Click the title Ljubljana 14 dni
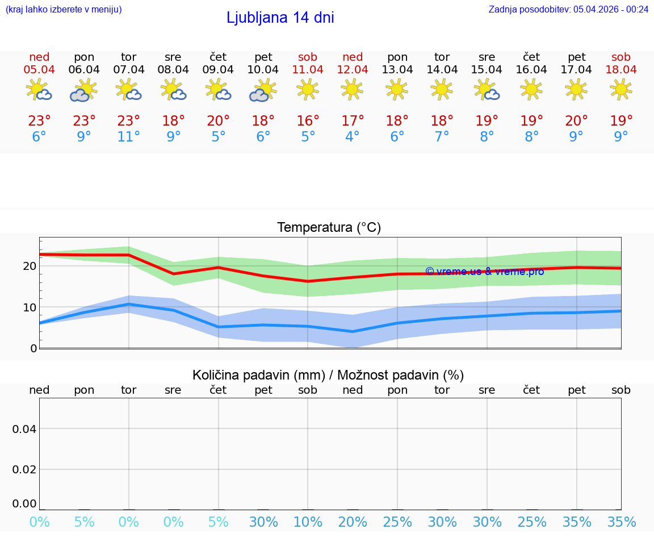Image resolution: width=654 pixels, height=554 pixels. (x=280, y=18)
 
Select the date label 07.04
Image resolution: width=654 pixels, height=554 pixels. (x=129, y=70)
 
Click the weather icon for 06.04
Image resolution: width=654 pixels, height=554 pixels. (x=84, y=90)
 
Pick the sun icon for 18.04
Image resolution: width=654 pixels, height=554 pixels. (x=621, y=89)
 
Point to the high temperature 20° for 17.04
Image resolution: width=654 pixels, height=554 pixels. (x=577, y=121)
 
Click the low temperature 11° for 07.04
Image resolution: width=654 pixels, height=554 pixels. (x=129, y=137)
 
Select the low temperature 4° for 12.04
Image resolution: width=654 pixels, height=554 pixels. (x=353, y=137)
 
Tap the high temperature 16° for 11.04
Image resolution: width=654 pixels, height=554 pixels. (x=308, y=121)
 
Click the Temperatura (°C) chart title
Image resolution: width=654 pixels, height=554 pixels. (x=329, y=228)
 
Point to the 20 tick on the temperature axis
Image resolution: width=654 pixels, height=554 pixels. (x=30, y=266)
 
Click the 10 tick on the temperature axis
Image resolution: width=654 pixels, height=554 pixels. (x=30, y=307)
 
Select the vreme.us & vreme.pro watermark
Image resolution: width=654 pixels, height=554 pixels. (x=484, y=272)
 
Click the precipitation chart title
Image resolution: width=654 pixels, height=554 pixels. (x=328, y=375)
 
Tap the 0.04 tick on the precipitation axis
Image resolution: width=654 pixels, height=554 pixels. (x=24, y=429)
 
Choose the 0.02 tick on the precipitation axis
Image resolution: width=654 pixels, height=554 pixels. (x=24, y=469)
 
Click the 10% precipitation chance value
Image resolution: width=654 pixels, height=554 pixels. (x=308, y=522)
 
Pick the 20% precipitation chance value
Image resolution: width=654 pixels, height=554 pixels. (x=353, y=522)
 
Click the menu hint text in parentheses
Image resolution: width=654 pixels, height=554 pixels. (x=64, y=9)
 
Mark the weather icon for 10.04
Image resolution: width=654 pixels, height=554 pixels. (x=263, y=90)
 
